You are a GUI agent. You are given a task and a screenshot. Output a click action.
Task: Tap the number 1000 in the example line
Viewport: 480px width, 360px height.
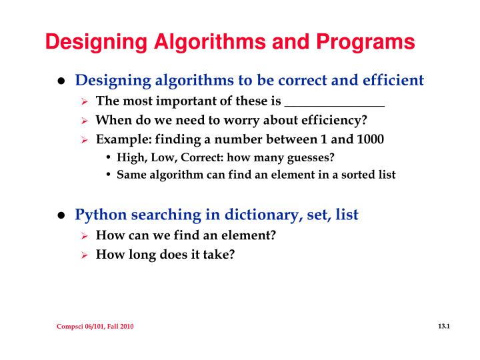[x=370, y=139]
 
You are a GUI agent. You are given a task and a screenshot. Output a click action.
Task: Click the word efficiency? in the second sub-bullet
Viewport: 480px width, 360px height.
[x=333, y=121]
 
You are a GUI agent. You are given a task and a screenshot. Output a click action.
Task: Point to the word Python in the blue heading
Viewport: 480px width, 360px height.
[x=99, y=215]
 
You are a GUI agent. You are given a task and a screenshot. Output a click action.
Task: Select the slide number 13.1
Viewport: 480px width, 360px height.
[x=445, y=326]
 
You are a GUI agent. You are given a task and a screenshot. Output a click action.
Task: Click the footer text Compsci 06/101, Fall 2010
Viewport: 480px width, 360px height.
[x=95, y=327]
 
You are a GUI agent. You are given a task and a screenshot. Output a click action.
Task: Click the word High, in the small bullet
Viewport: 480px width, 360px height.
[x=131, y=158]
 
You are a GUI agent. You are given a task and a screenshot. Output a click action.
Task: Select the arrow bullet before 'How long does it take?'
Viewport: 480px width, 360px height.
[x=85, y=254]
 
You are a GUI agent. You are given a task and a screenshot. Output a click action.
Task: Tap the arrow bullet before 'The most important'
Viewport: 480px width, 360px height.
[x=85, y=102]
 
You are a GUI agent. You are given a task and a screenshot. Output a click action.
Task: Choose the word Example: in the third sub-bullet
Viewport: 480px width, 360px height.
[x=119, y=139]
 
